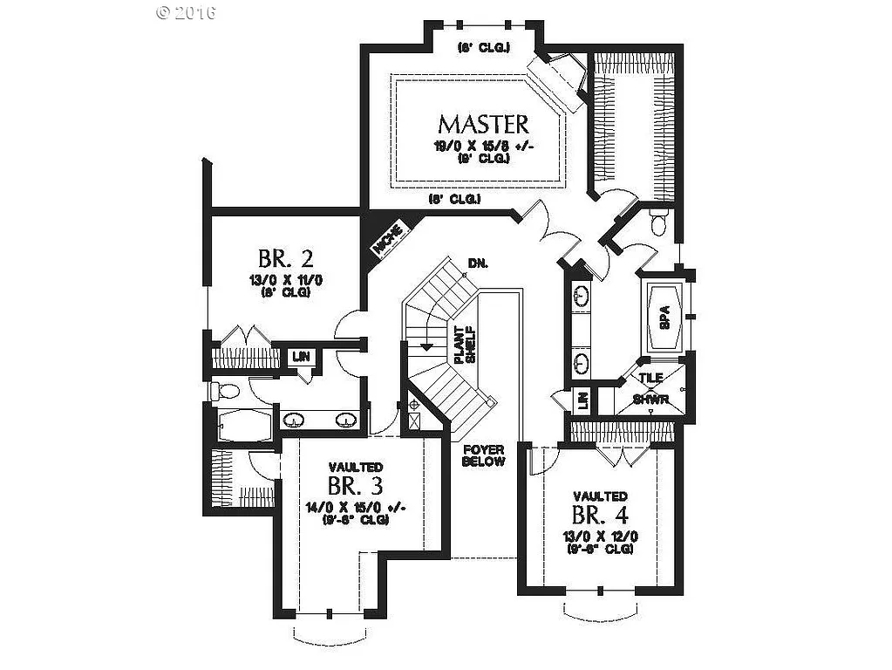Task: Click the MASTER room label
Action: coord(482,123)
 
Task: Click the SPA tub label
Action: coord(664,320)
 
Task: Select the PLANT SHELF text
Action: coord(462,345)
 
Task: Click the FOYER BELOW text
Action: coord(483,455)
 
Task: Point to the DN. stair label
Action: coord(477,263)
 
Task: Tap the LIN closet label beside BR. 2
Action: coord(302,356)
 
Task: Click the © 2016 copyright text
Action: coord(186,12)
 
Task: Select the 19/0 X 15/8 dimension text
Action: coord(482,146)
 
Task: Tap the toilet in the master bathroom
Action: coord(659,222)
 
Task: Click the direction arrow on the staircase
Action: coord(426,346)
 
